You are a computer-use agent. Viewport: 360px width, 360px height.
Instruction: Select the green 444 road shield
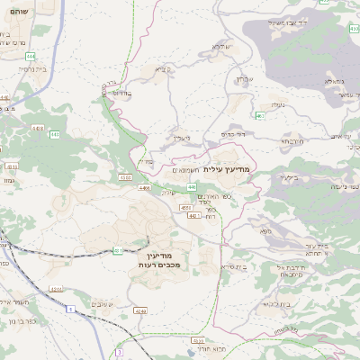click(54, 134)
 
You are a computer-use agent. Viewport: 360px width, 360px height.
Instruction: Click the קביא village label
click(161, 67)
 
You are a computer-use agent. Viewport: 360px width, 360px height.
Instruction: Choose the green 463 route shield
click(260, 115)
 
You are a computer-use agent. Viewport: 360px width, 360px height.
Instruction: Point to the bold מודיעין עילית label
click(231, 168)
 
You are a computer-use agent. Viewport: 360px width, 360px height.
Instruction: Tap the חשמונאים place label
click(186, 168)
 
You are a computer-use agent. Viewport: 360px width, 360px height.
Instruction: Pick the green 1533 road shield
click(124, 177)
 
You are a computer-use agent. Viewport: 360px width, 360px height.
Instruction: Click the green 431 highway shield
click(118, 249)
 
